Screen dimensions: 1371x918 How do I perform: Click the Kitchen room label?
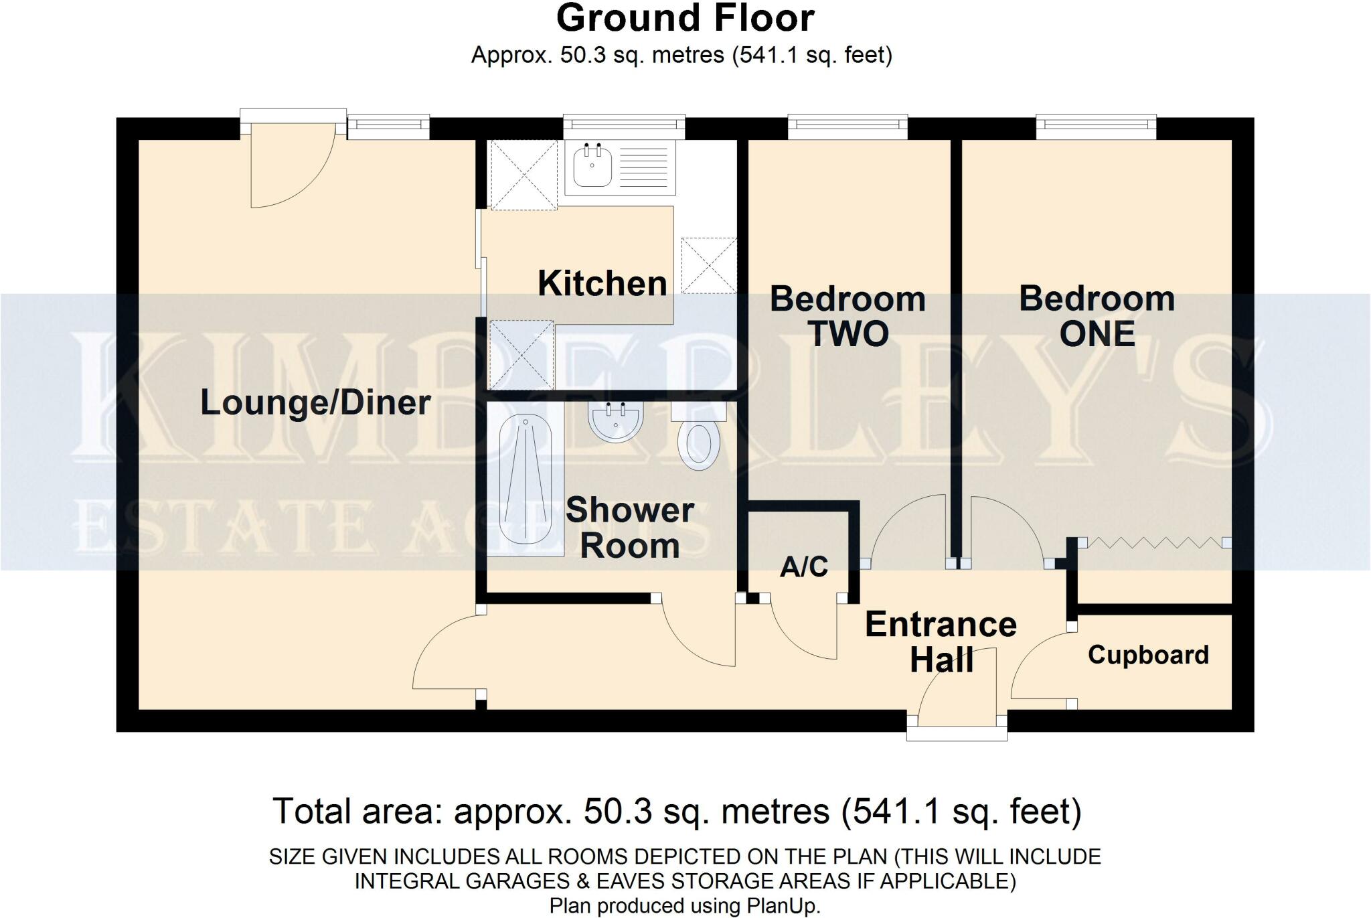[602, 283]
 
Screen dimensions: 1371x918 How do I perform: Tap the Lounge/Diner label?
[315, 402]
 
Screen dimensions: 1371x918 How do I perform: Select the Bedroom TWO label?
[848, 316]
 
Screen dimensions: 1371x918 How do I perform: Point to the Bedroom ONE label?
[1097, 316]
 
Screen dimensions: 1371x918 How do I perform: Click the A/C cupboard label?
[804, 566]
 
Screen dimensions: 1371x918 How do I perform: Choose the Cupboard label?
[1148, 655]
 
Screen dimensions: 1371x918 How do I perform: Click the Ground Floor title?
[685, 18]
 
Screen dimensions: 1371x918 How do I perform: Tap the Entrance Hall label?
[941, 642]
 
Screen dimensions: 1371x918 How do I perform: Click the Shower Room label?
[630, 528]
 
